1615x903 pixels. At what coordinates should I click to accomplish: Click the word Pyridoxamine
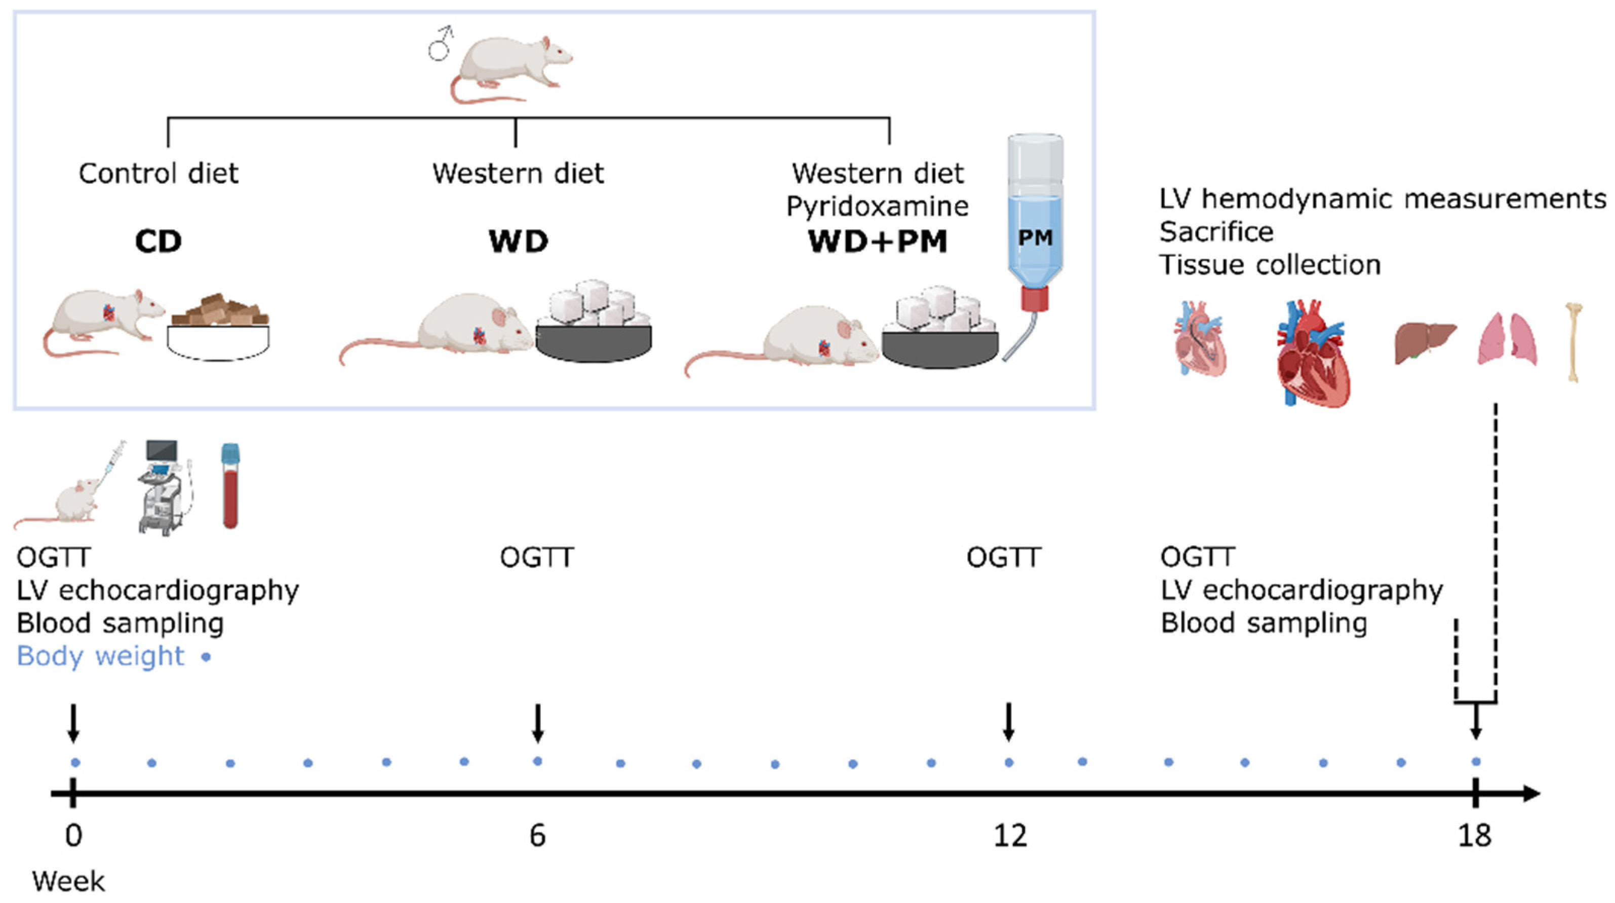click(x=878, y=206)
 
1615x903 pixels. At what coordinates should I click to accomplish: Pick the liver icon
click(x=1425, y=342)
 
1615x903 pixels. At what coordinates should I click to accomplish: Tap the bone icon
click(x=1573, y=342)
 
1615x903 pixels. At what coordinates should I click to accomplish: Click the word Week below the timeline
click(x=68, y=882)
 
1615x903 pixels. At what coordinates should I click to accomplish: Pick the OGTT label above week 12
click(x=1003, y=558)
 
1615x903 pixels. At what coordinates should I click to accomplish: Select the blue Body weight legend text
click(x=100, y=656)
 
